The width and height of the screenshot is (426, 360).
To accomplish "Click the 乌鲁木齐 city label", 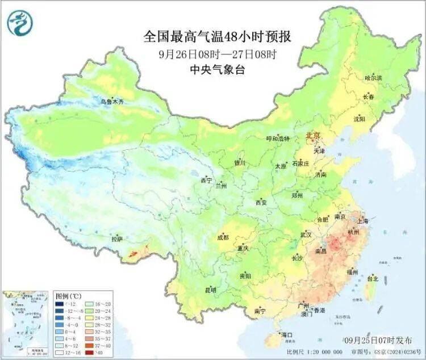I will pyautogui.click(x=112, y=102).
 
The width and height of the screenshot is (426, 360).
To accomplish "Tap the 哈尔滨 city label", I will pyautogui.click(x=373, y=77).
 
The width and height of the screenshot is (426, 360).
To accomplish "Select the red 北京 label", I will pyautogui.click(x=313, y=136).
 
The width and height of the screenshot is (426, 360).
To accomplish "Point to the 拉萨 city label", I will pyautogui.click(x=116, y=239).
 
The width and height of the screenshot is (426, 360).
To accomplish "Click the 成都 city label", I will pyautogui.click(x=223, y=238).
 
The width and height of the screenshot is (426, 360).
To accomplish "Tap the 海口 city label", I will pyautogui.click(x=287, y=335).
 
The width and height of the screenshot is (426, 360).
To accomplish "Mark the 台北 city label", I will pyautogui.click(x=372, y=279).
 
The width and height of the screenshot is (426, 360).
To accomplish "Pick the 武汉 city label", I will pyautogui.click(x=308, y=235).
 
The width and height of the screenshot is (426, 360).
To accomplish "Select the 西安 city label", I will pyautogui.click(x=261, y=202).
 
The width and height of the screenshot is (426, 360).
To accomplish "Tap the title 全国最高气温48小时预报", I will pyautogui.click(x=218, y=37).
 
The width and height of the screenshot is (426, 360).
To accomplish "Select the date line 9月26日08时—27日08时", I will pyautogui.click(x=218, y=55).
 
